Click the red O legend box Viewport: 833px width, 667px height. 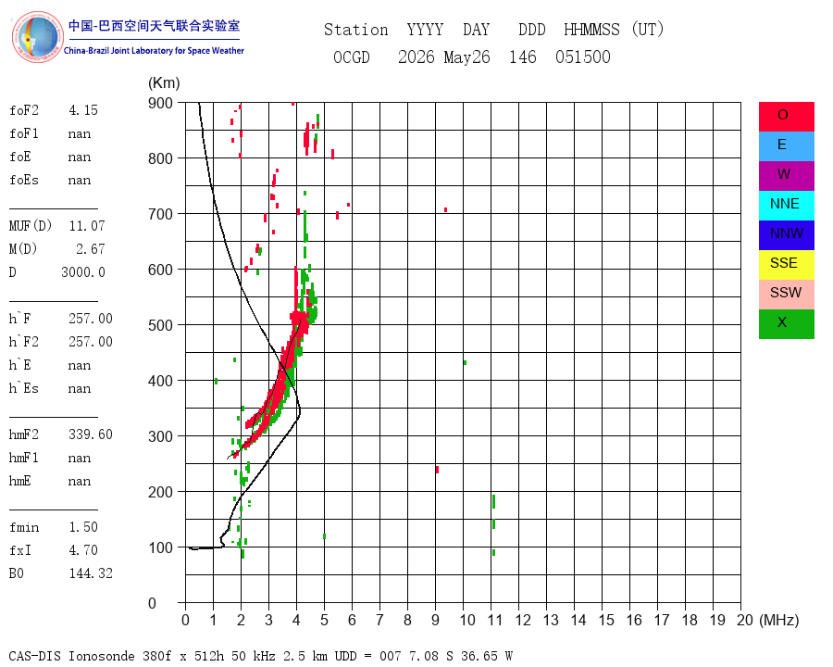(x=786, y=117)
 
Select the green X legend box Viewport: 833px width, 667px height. (x=786, y=324)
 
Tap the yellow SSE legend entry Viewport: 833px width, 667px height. (x=786, y=265)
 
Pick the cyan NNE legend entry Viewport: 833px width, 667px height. (x=786, y=206)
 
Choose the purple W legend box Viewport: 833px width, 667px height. (x=786, y=176)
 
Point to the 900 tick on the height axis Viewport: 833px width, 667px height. (x=160, y=103)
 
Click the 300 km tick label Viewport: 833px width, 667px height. (x=160, y=436)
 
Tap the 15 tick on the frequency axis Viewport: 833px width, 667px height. (x=606, y=620)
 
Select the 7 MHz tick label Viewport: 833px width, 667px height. (x=379, y=620)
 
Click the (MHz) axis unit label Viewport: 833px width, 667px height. (x=779, y=620)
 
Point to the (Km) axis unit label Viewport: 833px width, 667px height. (x=164, y=83)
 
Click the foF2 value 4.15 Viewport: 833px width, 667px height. (x=83, y=110)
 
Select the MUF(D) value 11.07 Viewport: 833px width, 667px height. (x=87, y=226)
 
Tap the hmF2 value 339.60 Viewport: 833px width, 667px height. (x=91, y=434)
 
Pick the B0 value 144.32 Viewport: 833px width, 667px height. (x=91, y=573)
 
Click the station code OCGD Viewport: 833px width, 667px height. (x=352, y=57)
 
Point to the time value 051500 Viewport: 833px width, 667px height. (x=583, y=57)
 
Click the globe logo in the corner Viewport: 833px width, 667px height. (x=37, y=37)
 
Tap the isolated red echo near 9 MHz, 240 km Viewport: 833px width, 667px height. (x=437, y=470)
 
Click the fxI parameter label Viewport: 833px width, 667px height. (x=20, y=550)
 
